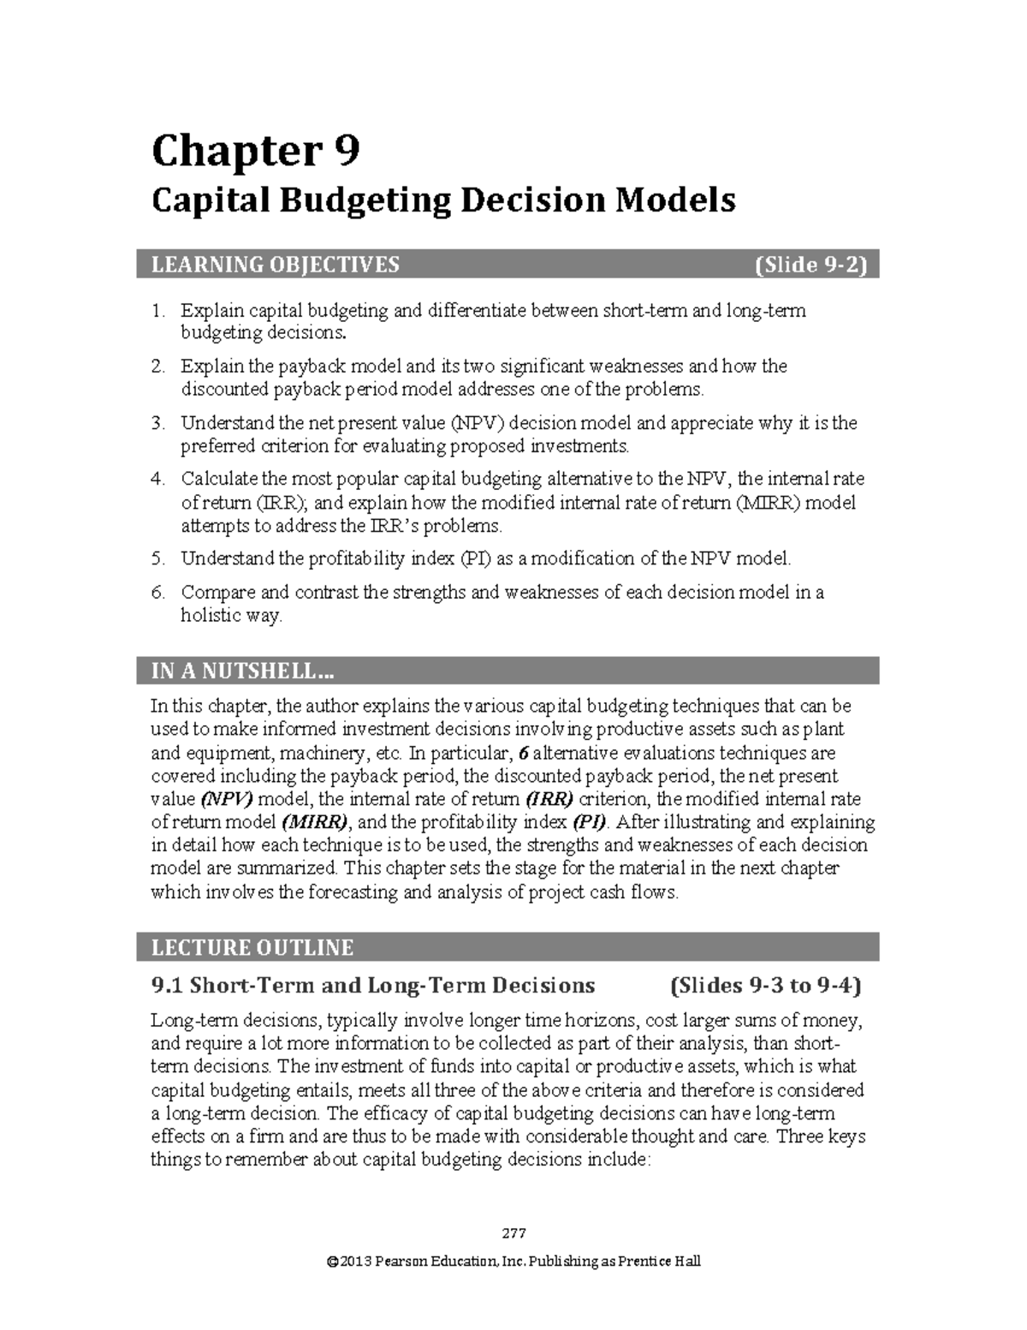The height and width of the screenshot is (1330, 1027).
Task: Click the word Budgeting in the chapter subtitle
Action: pos(360,200)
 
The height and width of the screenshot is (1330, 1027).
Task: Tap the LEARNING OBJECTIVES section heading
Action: pos(275,265)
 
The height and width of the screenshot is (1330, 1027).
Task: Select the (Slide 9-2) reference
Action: pos(810,265)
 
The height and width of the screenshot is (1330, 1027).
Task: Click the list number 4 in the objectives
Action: pos(157,479)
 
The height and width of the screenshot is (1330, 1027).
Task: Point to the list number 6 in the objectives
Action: pos(157,593)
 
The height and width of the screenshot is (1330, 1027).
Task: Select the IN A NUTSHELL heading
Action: pos(242,671)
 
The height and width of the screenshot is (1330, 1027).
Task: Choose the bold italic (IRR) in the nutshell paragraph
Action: pos(549,800)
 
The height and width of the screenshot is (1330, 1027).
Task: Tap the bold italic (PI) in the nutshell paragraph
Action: pos(590,823)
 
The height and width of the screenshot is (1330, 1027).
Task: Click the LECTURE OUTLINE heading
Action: pos(252,948)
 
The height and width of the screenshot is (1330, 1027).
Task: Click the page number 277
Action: pos(513,1234)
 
